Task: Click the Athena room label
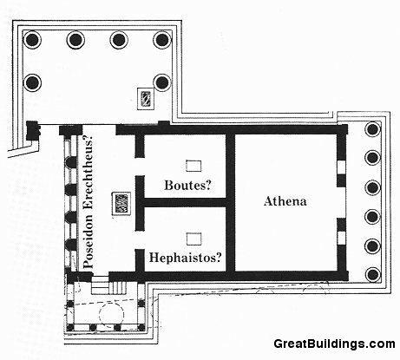[285, 201]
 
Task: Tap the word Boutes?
[188, 185]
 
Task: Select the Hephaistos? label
[186, 258]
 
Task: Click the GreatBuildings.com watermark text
[334, 344]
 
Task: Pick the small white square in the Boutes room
[193, 166]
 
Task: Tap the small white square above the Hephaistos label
[193, 239]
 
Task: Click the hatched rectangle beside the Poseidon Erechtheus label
[121, 204]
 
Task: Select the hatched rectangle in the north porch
[146, 99]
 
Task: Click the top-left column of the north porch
[32, 40]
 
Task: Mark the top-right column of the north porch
[162, 40]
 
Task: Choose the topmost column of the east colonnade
[372, 129]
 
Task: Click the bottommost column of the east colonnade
[372, 274]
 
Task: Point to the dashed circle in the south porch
[111, 313]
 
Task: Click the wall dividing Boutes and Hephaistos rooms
[185, 202]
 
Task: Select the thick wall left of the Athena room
[231, 202]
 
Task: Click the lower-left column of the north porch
[32, 82]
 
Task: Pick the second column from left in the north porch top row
[75, 40]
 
